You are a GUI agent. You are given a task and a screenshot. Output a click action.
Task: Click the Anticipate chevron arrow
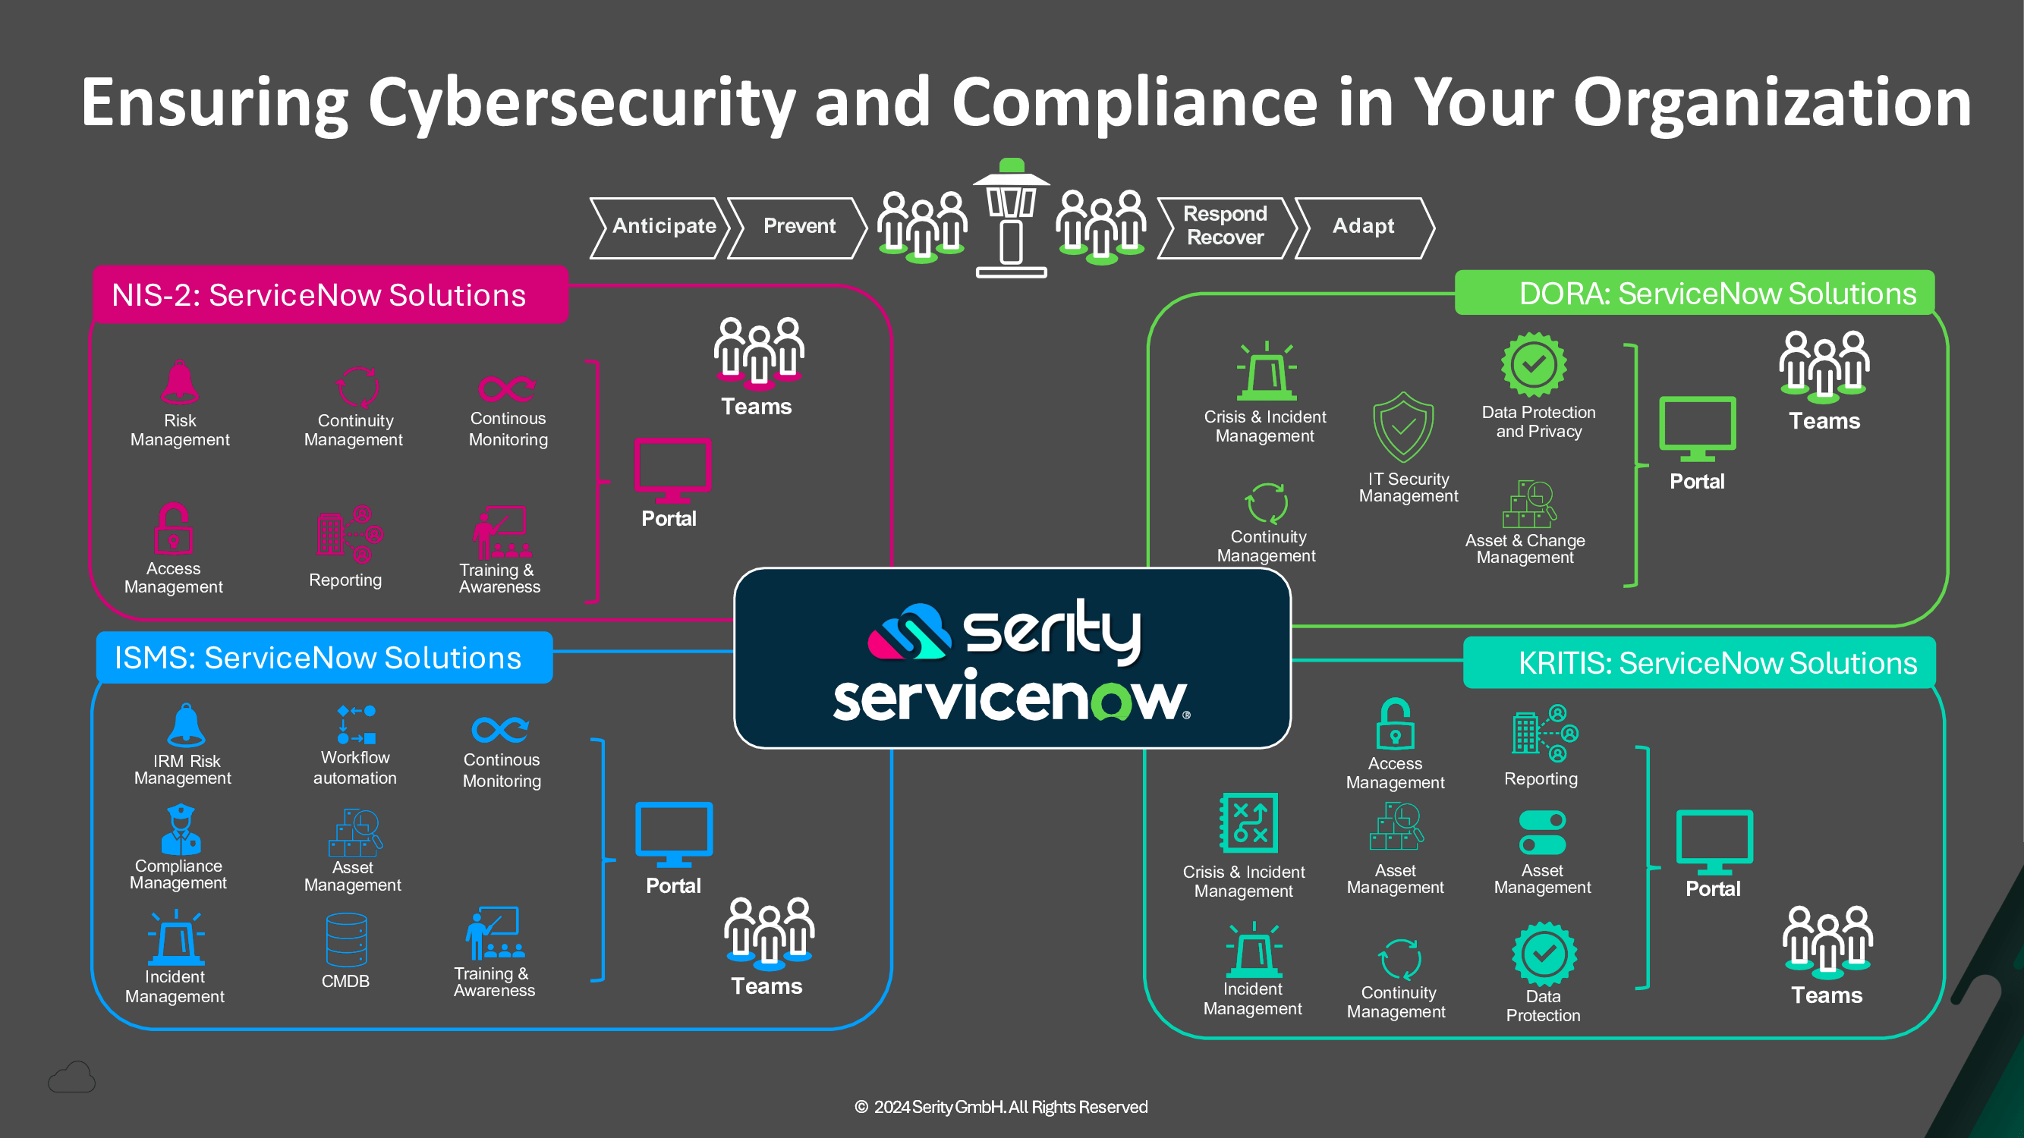point(663,227)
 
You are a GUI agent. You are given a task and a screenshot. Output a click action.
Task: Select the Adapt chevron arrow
point(1363,227)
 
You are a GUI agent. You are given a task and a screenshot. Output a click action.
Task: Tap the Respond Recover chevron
point(1225,226)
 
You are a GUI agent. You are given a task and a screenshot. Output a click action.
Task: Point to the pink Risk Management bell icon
point(180,382)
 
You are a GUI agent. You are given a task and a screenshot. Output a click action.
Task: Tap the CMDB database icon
point(347,939)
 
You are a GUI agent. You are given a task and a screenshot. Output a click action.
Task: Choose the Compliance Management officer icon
point(180,829)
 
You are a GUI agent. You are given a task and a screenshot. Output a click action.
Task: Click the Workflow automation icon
point(356,724)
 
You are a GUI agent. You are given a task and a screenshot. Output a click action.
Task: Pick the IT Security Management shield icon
point(1403,428)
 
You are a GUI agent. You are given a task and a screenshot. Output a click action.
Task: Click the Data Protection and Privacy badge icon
point(1534,364)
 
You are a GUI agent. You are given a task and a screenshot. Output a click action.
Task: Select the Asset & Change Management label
point(1525,549)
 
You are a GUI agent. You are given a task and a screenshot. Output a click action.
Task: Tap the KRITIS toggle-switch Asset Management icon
point(1542,832)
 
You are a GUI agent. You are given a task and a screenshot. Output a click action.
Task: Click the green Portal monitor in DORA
point(1697,428)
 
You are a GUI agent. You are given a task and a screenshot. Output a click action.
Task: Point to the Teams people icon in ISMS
point(769,931)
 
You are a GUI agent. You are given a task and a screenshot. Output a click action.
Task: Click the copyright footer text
point(1001,1107)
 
